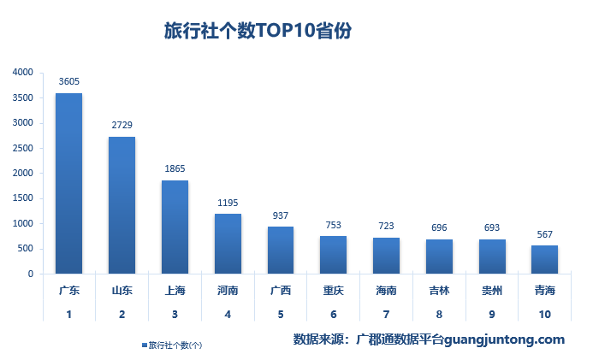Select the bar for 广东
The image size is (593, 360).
point(69,183)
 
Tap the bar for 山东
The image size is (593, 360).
point(122,205)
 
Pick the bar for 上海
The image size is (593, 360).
point(175,227)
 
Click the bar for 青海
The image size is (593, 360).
point(544,259)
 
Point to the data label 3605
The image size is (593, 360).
point(69,81)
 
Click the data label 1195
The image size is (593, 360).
point(228,202)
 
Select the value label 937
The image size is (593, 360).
point(281,215)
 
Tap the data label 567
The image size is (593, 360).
point(544,234)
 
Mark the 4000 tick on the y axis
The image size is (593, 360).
point(23,73)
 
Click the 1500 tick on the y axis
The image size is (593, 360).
point(23,198)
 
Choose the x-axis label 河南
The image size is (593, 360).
point(228,291)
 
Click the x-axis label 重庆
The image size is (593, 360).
point(334,291)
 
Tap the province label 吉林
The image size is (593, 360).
point(439,291)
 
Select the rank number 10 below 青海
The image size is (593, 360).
point(544,315)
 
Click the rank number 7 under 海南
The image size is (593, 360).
point(386,315)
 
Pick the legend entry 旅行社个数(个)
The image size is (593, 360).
point(175,345)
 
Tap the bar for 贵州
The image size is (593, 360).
point(492,257)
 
